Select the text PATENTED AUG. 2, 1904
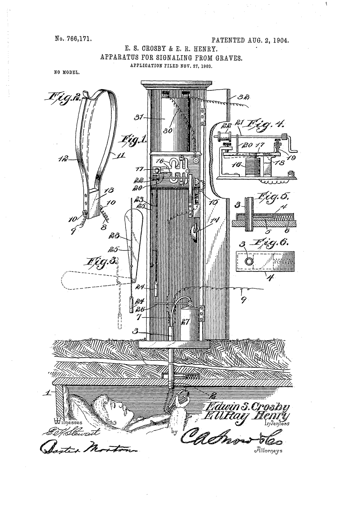pyautogui.click(x=250, y=40)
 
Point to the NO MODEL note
pyautogui.click(x=67, y=72)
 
